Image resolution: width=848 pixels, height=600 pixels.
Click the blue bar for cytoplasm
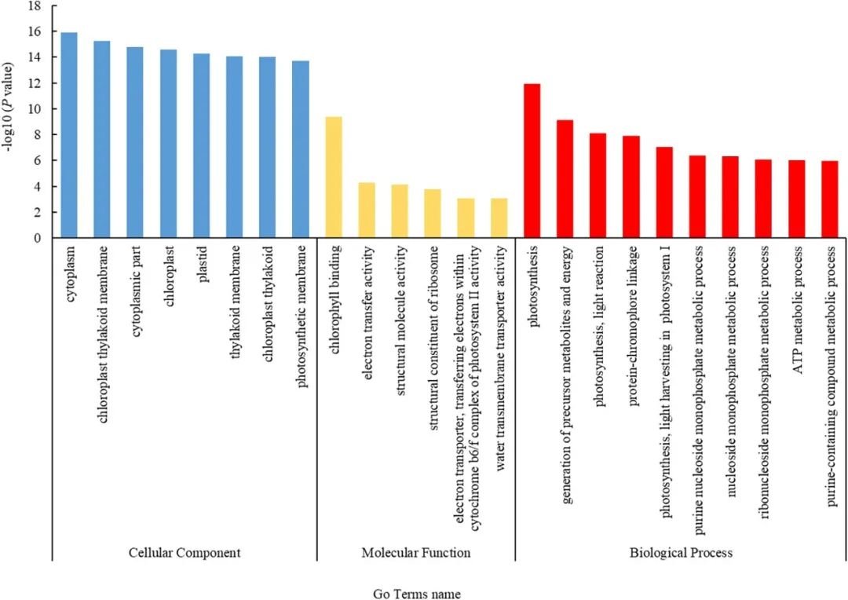(x=69, y=135)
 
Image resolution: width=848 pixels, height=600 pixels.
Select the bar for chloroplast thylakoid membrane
(x=102, y=139)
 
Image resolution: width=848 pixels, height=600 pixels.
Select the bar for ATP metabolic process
(x=797, y=199)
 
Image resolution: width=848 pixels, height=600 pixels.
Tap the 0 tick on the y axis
(x=37, y=238)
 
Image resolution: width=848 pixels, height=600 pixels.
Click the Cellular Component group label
(x=185, y=553)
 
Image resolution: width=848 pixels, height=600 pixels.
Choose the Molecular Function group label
(x=416, y=553)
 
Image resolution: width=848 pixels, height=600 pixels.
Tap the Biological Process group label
(x=681, y=553)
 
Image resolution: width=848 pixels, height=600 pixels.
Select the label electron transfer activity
(x=367, y=302)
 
